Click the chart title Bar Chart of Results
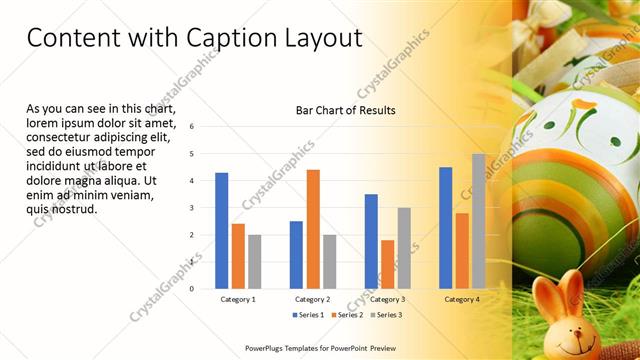346,110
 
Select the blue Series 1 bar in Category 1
221,231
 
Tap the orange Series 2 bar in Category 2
313,229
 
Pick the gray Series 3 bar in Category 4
478,221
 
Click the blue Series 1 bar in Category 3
371,241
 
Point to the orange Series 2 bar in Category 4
462,250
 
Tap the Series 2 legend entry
348,315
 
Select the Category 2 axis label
312,299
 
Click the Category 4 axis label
461,299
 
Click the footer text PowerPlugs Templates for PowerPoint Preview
320,348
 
